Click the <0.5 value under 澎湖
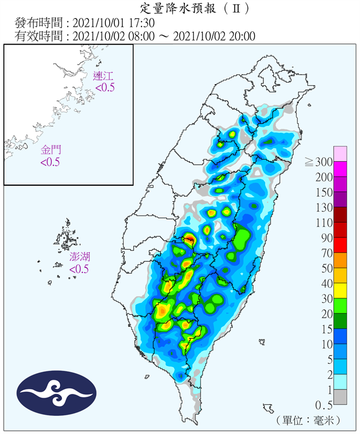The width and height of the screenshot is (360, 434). click(79, 269)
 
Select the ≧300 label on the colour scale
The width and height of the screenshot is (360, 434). click(318, 162)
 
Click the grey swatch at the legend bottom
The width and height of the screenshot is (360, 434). click(340, 397)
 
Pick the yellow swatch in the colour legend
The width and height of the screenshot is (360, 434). click(340, 291)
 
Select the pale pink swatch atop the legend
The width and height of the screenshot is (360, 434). click(340, 154)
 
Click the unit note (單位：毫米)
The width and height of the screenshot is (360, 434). click(309, 420)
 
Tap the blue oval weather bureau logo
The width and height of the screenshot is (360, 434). click(57, 393)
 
